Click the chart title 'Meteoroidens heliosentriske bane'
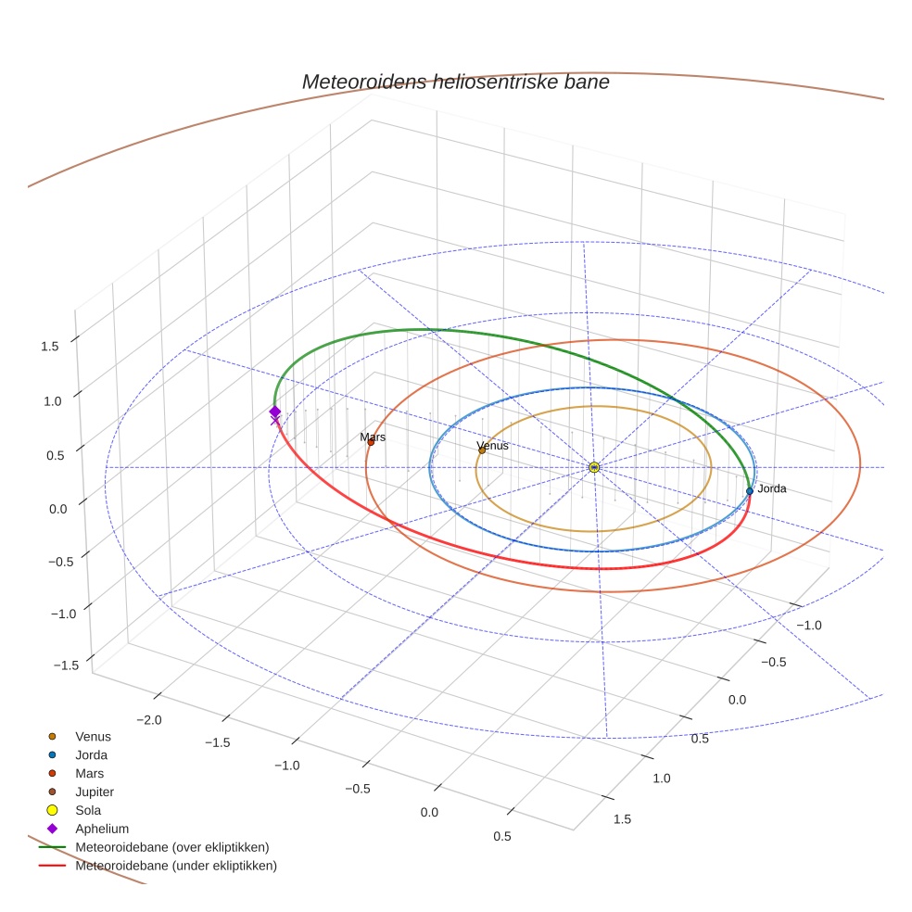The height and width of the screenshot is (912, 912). pyautogui.click(x=455, y=82)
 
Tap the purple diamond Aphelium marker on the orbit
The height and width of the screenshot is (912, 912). pyautogui.click(x=274, y=412)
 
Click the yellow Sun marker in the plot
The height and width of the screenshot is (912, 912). pyautogui.click(x=594, y=467)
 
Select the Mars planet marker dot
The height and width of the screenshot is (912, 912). pyautogui.click(x=371, y=442)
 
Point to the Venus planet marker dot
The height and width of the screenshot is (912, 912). pyautogui.click(x=482, y=450)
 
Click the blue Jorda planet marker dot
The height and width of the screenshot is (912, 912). pyautogui.click(x=750, y=490)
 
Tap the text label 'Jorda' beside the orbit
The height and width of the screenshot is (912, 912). pyautogui.click(x=772, y=488)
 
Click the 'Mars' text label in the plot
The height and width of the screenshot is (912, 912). pyautogui.click(x=373, y=437)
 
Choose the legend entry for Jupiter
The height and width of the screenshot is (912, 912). pyautogui.click(x=95, y=792)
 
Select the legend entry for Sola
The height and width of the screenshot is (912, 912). pyautogui.click(x=88, y=810)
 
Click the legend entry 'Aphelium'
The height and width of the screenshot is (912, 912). pyautogui.click(x=101, y=829)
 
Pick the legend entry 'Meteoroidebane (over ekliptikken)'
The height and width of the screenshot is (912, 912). pyautogui.click(x=171, y=847)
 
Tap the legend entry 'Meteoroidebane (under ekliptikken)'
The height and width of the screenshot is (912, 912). pyautogui.click(x=176, y=866)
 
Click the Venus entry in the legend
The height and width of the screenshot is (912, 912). pyautogui.click(x=93, y=736)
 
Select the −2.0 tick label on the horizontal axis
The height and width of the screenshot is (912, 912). pyautogui.click(x=150, y=720)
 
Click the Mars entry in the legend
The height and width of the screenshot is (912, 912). pyautogui.click(x=90, y=773)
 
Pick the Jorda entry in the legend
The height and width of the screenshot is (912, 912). pyautogui.click(x=92, y=754)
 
